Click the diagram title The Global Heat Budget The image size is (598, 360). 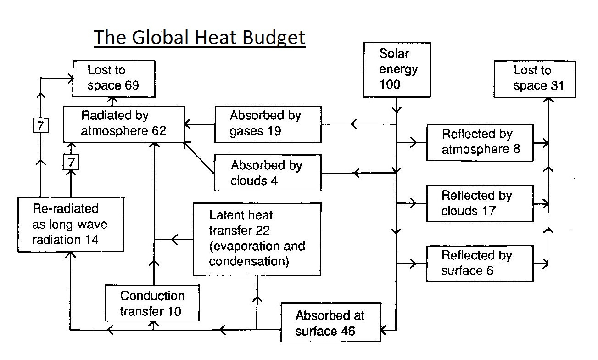200,37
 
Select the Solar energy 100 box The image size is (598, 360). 397,70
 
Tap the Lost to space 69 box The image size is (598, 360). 113,78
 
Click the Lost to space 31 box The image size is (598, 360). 535,79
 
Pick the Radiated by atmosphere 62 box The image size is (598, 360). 123,123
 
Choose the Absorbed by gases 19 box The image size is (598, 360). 268,124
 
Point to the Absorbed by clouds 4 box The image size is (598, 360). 268,173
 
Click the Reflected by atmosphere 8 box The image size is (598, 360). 480,142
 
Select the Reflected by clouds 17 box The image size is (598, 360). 480,203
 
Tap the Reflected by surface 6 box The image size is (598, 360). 480,263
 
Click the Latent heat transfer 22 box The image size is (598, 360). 257,239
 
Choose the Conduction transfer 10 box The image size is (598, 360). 152,303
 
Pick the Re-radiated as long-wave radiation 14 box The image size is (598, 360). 66,224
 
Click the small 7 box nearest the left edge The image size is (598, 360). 41,125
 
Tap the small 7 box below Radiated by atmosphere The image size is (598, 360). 71,162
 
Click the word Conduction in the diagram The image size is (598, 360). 152,296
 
